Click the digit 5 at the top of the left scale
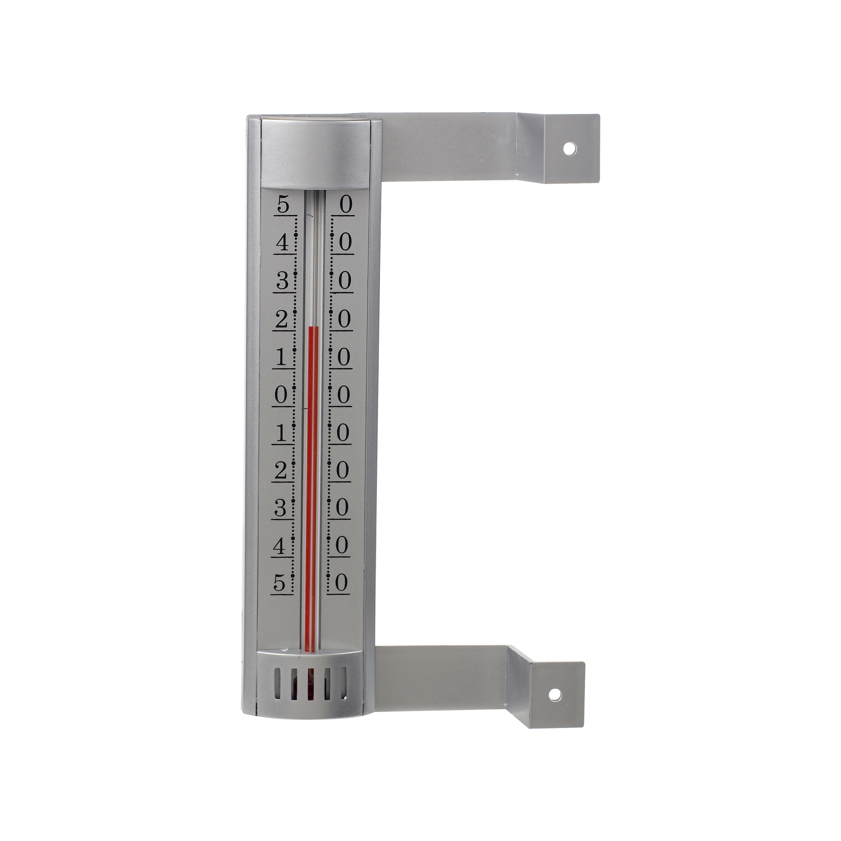pos(284,205)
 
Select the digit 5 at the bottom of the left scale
pos(280,582)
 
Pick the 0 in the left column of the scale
pos(281,395)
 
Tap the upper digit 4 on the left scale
pos(283,242)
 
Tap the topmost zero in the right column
pos(345,205)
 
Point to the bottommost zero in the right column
pos(342,582)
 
